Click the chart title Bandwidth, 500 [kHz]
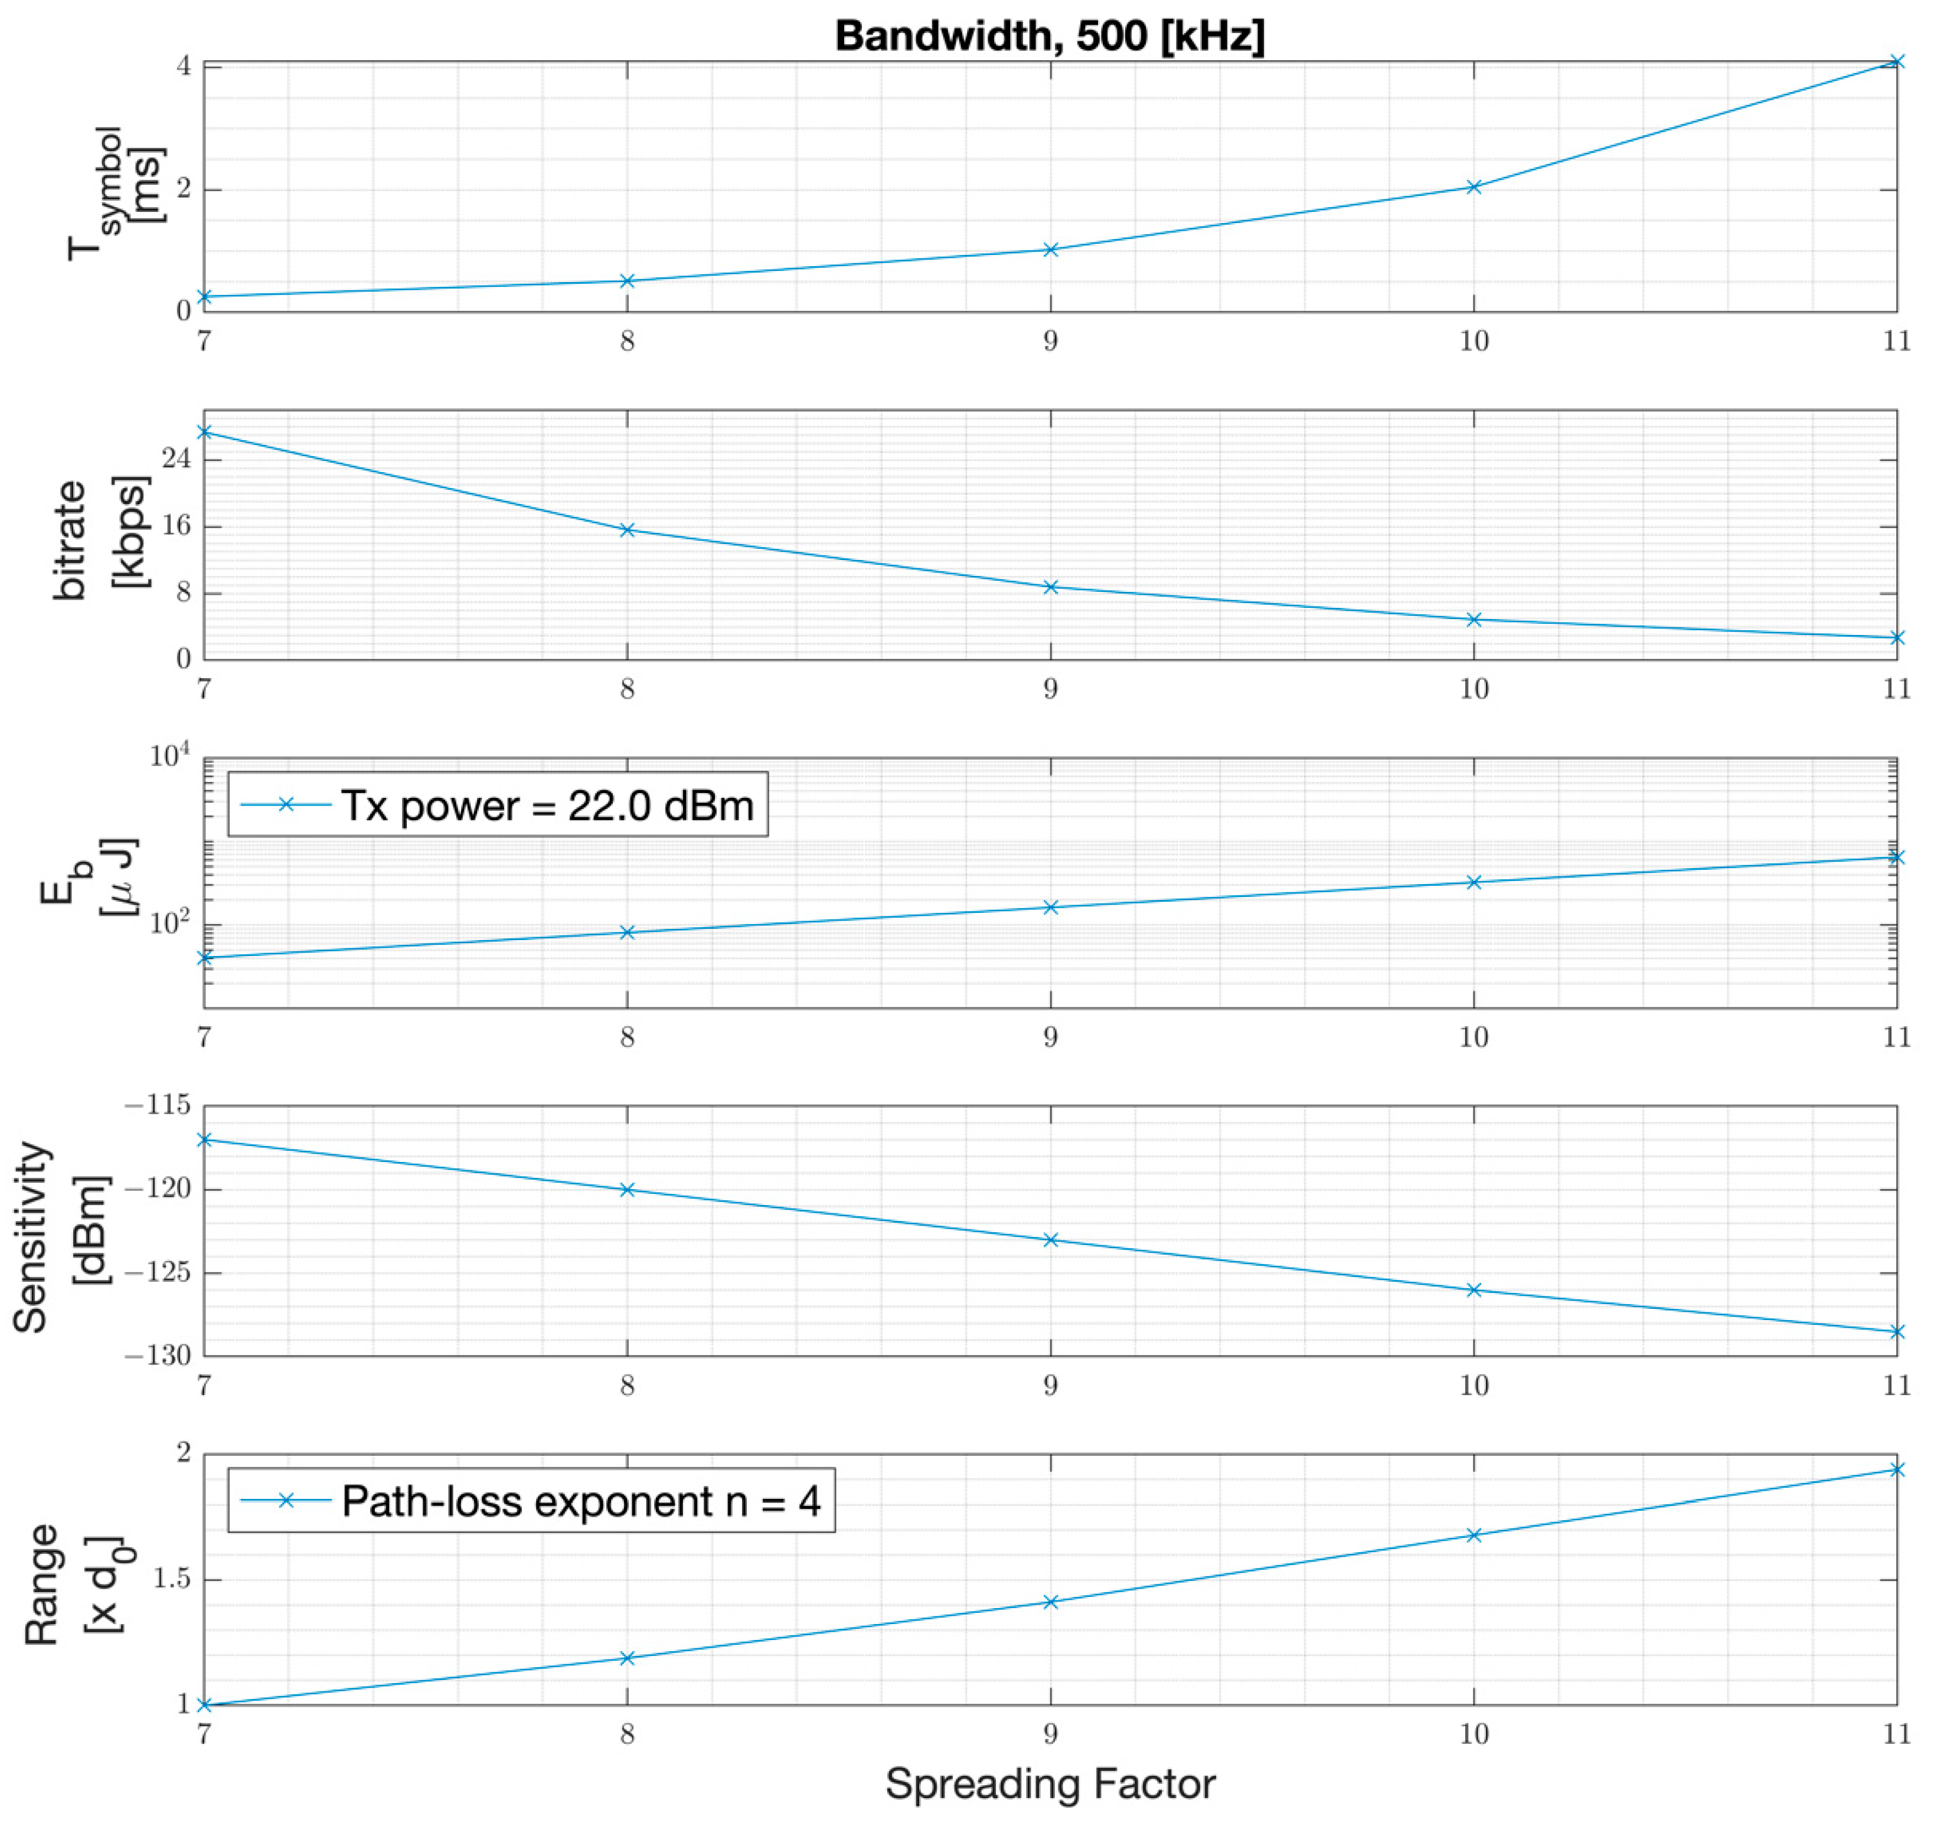(x=1049, y=36)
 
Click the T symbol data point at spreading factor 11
(x=1896, y=62)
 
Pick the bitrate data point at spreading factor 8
(x=628, y=530)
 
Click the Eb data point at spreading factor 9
(x=1051, y=906)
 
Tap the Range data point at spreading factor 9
(x=1051, y=1602)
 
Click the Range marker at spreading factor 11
(x=1896, y=1469)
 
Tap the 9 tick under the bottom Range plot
(x=1051, y=1734)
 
